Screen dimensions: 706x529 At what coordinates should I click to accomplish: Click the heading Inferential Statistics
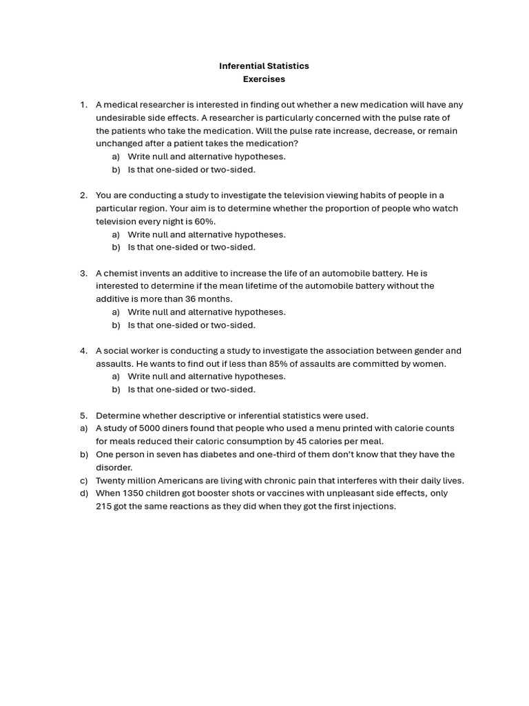tap(264, 66)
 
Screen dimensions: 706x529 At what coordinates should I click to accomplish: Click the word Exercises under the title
tap(264, 79)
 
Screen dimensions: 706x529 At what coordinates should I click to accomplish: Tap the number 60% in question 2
tap(205, 221)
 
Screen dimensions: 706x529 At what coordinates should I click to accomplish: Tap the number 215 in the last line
tap(104, 507)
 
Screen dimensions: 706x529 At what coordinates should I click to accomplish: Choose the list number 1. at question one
tap(83, 105)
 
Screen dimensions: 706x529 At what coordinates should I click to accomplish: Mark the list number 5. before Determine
tap(83, 416)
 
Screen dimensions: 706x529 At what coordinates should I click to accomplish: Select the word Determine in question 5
tap(118, 416)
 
